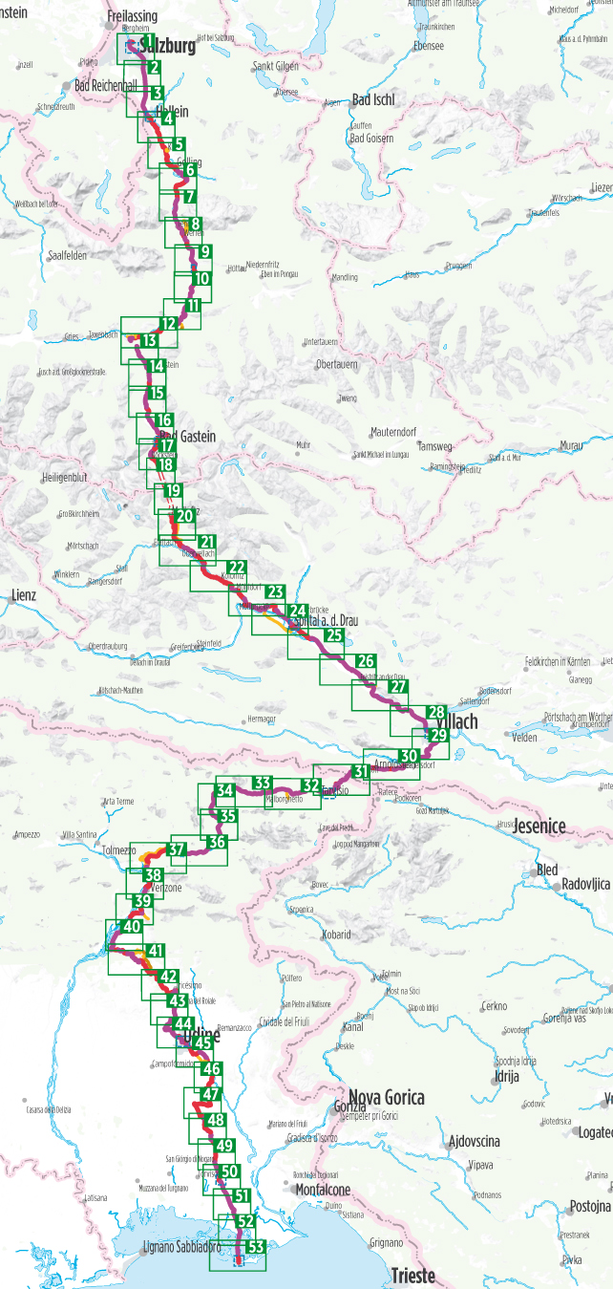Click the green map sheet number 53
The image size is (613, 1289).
[255, 1247]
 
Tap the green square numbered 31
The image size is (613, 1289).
[360, 771]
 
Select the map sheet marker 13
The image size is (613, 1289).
[149, 340]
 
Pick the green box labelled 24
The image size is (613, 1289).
[298, 612]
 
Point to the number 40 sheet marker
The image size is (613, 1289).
[133, 926]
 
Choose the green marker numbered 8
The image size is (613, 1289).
[194, 224]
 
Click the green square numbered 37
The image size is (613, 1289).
[177, 849]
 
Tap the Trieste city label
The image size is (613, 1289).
[412, 1276]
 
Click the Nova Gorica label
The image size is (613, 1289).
[387, 1097]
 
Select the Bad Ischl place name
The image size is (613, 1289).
[372, 100]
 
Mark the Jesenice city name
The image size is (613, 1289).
[539, 826]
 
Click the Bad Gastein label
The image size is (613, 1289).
[188, 437]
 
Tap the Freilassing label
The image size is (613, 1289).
[133, 16]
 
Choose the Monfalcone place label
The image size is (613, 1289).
[323, 1190]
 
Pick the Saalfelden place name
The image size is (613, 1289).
[67, 256]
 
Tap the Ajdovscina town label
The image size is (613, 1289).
[475, 1141]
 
